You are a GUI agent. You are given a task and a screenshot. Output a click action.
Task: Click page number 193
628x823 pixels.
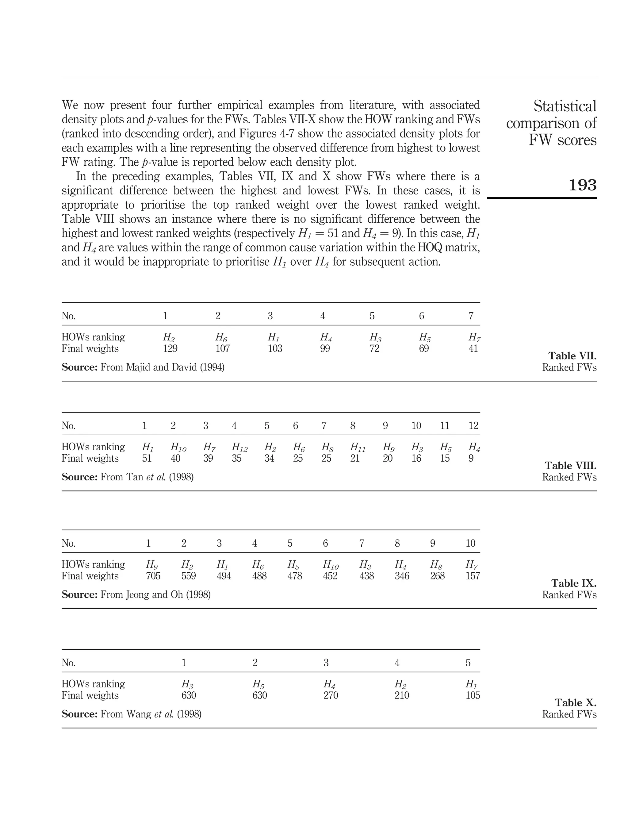click(x=582, y=185)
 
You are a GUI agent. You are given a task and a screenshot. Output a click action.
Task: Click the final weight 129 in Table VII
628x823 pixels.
click(x=170, y=348)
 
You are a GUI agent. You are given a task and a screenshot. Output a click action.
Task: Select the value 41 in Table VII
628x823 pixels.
click(x=473, y=348)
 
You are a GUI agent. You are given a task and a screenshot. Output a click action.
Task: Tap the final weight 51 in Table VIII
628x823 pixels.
click(x=147, y=458)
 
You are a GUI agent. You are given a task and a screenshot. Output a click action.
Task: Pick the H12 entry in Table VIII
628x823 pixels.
click(x=239, y=447)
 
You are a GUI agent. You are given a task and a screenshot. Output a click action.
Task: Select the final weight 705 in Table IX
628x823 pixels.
click(x=153, y=576)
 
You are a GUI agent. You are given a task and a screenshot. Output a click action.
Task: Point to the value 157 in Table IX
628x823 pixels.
click(x=473, y=576)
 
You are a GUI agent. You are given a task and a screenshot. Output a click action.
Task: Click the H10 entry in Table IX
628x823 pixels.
click(x=331, y=565)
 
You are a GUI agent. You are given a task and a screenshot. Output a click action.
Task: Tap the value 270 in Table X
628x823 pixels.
click(x=331, y=695)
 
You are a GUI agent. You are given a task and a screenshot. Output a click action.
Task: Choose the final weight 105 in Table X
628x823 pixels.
click(x=473, y=695)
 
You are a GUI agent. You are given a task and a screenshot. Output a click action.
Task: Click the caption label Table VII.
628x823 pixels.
click(x=572, y=356)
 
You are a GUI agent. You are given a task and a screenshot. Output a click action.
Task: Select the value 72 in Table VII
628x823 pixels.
click(x=374, y=348)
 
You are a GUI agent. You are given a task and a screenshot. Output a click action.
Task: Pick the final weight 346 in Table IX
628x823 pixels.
click(x=402, y=576)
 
